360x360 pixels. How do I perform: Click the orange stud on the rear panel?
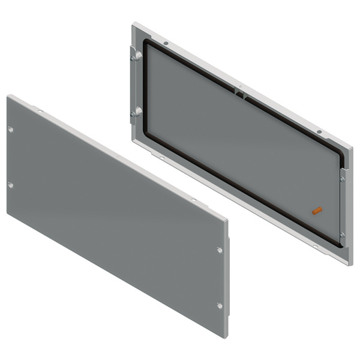(317, 211)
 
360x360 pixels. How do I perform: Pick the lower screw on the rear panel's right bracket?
(342, 235)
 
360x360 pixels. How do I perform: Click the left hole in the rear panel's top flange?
(166, 43)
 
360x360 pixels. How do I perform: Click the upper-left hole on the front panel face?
(11, 129)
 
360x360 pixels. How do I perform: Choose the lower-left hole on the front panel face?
(11, 185)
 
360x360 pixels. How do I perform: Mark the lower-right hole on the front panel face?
(219, 306)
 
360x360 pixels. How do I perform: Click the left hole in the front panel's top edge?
(40, 112)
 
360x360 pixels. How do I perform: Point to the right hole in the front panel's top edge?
(194, 201)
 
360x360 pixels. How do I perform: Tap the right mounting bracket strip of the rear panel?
(343, 207)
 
